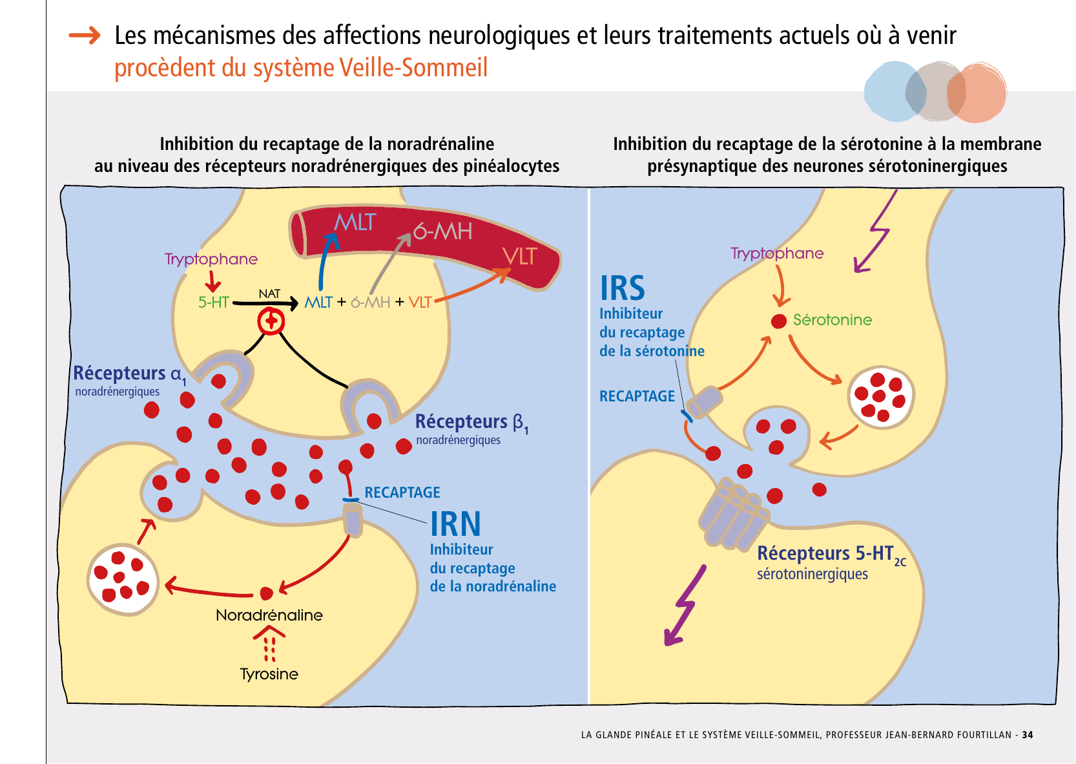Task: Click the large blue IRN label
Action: (455, 524)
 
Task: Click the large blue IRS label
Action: (623, 288)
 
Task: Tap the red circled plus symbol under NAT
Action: (271, 321)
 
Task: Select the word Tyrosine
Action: (269, 674)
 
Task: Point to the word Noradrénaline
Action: (269, 615)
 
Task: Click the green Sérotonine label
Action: (832, 320)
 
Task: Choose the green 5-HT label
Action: (214, 302)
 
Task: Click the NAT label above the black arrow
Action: (269, 294)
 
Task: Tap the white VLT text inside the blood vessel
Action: (520, 257)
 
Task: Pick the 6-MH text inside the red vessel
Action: (442, 231)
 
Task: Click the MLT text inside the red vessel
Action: (355, 222)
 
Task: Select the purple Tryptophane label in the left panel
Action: (211, 259)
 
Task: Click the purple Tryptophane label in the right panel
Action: (777, 253)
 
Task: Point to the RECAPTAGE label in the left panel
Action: (402, 493)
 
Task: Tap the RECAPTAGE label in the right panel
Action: (637, 396)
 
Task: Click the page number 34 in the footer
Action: (1028, 735)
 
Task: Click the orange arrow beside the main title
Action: (85, 35)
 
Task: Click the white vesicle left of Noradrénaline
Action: (123, 579)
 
